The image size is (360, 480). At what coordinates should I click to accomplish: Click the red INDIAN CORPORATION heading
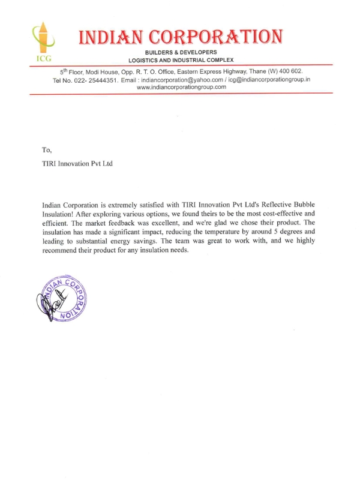click(180, 37)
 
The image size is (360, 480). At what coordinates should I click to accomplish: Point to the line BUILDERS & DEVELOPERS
click(180, 53)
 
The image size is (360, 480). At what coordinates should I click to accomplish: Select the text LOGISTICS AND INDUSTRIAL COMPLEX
click(181, 61)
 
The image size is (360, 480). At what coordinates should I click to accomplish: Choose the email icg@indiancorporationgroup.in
click(271, 79)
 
